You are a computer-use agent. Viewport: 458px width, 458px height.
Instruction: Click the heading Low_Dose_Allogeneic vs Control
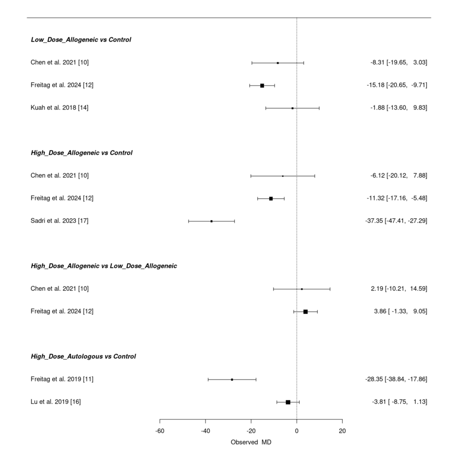click(x=81, y=40)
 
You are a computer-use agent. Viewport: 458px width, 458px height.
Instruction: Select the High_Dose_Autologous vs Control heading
click(x=83, y=357)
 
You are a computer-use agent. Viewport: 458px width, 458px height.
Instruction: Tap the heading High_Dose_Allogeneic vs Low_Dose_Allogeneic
click(x=104, y=266)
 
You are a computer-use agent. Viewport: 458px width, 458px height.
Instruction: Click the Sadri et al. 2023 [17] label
click(x=59, y=221)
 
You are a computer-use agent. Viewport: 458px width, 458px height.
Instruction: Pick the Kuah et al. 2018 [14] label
click(x=59, y=108)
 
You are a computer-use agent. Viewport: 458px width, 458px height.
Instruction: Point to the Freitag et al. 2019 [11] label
click(x=62, y=379)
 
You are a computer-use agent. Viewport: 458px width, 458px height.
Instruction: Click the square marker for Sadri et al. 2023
click(x=211, y=221)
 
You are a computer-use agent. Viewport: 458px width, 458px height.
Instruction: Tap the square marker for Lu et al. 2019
click(x=288, y=402)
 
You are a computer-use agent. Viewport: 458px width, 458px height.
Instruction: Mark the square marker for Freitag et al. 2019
click(x=232, y=379)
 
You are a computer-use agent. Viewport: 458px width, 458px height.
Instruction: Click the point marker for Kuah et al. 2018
click(x=292, y=108)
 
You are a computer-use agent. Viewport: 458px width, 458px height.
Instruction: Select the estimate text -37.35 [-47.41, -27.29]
click(x=396, y=221)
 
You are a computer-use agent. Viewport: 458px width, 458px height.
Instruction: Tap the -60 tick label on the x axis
click(x=160, y=431)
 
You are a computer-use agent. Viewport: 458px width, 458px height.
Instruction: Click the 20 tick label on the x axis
click(x=342, y=431)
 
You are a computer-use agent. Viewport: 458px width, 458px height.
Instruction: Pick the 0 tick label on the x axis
click(x=296, y=431)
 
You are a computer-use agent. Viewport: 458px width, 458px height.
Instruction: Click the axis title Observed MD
click(x=251, y=443)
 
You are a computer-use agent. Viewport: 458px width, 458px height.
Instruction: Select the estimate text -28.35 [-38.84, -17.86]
click(x=396, y=379)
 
